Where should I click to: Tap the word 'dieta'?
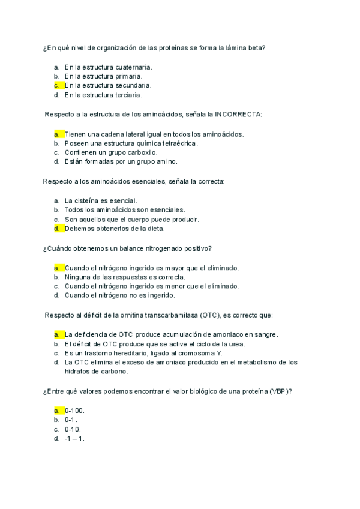click(x=153, y=229)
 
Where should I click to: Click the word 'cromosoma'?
click(x=189, y=353)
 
